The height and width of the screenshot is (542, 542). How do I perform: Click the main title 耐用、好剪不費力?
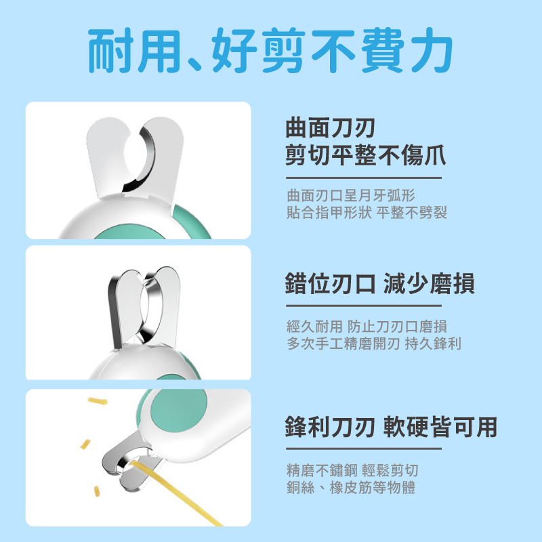click(x=270, y=50)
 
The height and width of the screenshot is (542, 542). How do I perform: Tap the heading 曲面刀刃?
click(x=331, y=128)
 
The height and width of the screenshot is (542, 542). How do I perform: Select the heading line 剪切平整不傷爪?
click(x=366, y=155)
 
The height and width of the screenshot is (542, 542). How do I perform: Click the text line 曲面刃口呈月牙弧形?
click(x=351, y=195)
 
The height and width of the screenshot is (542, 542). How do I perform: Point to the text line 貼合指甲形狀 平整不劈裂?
click(x=367, y=212)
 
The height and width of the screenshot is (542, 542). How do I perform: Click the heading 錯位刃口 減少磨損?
click(x=380, y=283)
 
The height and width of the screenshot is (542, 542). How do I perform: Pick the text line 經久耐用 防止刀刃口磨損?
click(x=367, y=326)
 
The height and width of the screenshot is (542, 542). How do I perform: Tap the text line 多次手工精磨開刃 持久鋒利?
click(x=374, y=343)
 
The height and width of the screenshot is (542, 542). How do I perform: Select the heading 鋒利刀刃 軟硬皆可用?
click(x=391, y=427)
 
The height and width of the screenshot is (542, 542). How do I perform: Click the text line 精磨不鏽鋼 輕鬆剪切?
click(x=352, y=470)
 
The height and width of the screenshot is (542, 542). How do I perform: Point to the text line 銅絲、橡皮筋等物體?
click(x=351, y=487)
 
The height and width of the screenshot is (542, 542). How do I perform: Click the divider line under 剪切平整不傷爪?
click(x=364, y=178)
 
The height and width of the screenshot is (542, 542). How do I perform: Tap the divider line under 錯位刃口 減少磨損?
click(x=364, y=306)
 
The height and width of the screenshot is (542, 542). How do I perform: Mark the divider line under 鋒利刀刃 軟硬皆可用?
click(x=364, y=449)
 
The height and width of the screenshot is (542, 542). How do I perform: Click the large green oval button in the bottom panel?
click(x=179, y=410)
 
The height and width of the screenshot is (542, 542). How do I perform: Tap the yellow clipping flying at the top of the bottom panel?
click(x=98, y=400)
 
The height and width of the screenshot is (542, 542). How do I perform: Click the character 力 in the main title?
click(x=432, y=50)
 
